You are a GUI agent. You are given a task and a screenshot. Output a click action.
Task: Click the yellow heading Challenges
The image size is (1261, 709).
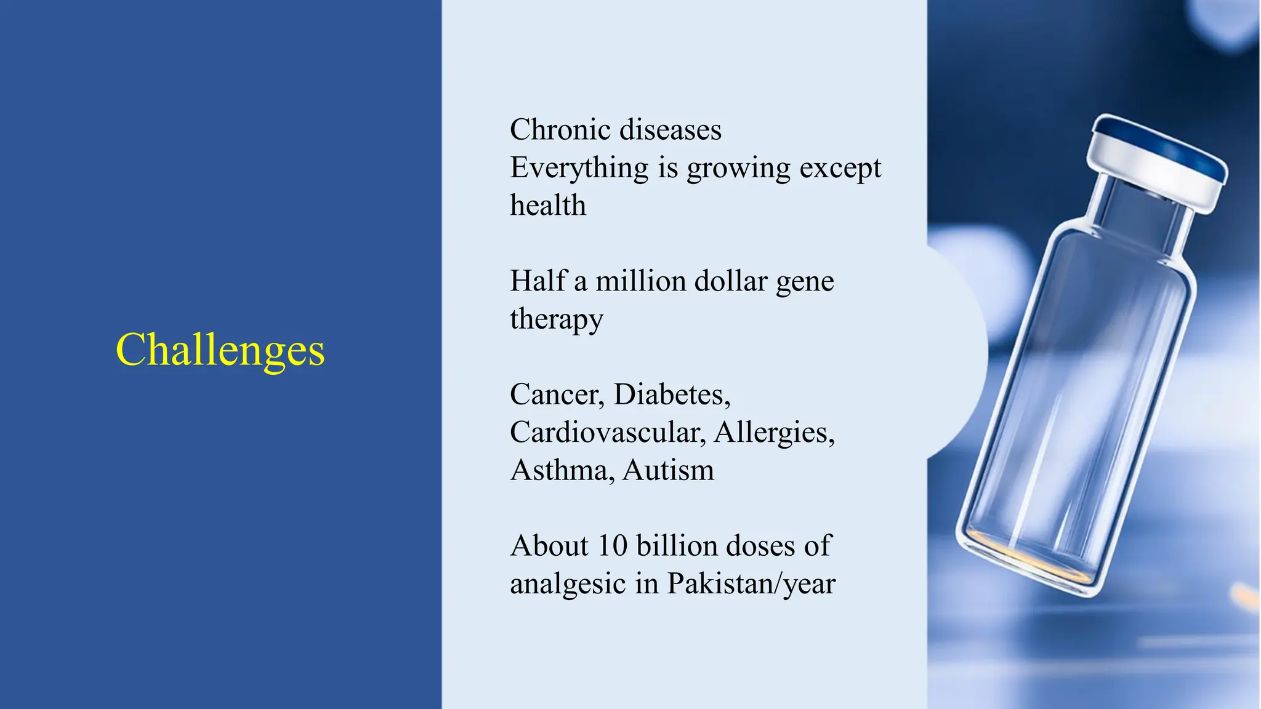coord(220,350)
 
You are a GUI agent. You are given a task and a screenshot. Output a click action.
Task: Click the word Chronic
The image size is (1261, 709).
coord(560,130)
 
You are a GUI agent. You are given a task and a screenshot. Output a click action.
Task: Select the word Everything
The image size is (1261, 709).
coord(579,168)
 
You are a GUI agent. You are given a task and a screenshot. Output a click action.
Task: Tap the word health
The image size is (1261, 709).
coord(548,206)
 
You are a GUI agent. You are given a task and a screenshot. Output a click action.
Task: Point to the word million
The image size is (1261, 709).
coord(640,281)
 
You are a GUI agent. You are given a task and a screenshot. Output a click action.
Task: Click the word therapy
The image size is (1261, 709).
coord(557,319)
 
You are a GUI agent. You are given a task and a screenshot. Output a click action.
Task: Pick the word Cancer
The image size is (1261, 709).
coord(557,395)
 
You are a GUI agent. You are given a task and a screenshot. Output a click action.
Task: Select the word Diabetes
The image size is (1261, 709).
coord(672,395)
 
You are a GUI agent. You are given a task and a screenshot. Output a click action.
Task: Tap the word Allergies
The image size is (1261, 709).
coord(774,432)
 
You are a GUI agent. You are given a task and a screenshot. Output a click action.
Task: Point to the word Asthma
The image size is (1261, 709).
coord(562,470)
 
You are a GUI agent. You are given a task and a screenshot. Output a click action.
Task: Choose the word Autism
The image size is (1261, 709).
coord(668,470)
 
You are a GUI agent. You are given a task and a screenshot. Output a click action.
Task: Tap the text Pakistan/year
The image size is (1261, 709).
coord(751,584)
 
